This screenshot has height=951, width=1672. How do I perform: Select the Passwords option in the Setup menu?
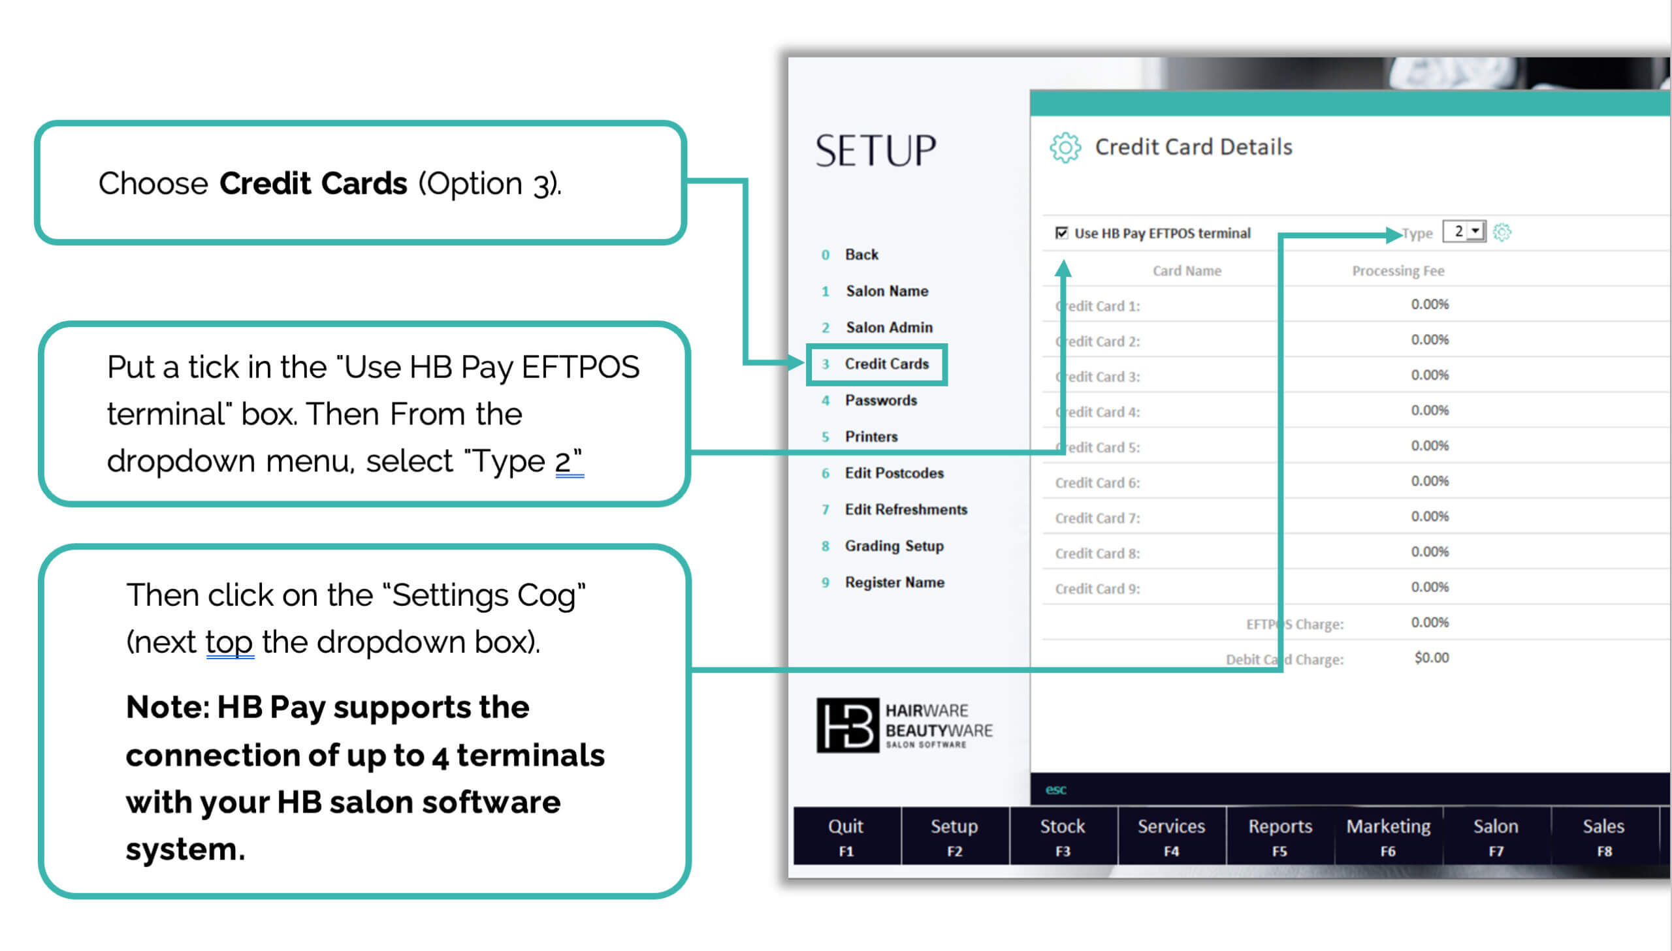coord(881,400)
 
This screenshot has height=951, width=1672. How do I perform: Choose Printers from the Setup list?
coord(871,436)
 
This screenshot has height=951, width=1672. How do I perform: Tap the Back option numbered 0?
coord(861,255)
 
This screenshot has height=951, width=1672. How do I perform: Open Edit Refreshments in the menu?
coord(906,510)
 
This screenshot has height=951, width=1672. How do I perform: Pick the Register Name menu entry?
coord(895,582)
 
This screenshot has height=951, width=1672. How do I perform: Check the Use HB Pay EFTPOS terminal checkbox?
coord(1062,233)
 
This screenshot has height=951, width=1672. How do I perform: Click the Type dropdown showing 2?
coord(1464,232)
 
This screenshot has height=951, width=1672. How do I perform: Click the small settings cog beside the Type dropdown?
coord(1502,232)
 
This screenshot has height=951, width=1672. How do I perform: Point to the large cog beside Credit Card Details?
coord(1065,148)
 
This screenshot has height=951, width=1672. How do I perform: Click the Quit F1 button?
coord(847,836)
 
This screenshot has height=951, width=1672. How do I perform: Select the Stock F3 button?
coord(1063,836)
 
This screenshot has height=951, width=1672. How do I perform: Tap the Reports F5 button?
coord(1280,836)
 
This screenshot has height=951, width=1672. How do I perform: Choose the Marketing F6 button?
coord(1389,836)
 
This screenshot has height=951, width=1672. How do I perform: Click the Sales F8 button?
coord(1604,836)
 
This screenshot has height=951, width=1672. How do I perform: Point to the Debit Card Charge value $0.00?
coord(1432,658)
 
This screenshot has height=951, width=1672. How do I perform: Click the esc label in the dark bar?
coord(1056,790)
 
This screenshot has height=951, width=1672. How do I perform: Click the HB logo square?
coord(848,726)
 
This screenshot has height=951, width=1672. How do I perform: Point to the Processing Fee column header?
coord(1398,271)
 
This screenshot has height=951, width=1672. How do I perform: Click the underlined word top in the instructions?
coord(229,642)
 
